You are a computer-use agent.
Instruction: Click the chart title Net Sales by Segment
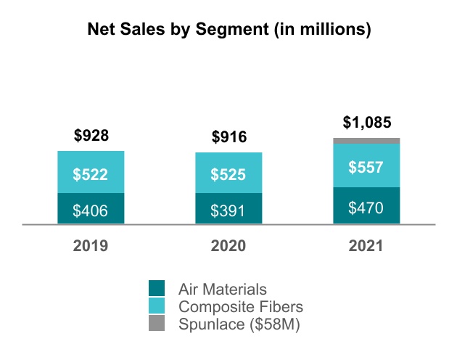(x=228, y=30)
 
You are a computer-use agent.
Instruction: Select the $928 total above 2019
(x=91, y=135)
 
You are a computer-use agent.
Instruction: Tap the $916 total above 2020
(x=228, y=136)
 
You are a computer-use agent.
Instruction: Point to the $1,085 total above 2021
(x=366, y=121)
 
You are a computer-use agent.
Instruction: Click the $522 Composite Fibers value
(x=91, y=174)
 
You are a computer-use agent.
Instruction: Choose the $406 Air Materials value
(x=91, y=210)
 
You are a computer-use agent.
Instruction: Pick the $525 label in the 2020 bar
(x=228, y=174)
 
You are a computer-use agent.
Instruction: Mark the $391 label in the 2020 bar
(x=228, y=210)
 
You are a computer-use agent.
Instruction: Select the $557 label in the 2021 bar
(x=366, y=166)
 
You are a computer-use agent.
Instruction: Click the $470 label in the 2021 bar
(x=366, y=207)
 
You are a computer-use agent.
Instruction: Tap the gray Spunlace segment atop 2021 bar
(x=366, y=141)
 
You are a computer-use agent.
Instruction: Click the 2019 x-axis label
(x=91, y=246)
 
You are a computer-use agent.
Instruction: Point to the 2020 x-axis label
(x=228, y=246)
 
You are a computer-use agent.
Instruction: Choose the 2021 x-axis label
(x=366, y=246)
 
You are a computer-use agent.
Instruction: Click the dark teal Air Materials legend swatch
(x=157, y=289)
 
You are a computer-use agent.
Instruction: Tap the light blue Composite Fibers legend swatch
(x=157, y=306)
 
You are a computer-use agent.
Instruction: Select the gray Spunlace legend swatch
(x=157, y=324)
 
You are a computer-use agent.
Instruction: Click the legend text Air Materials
(x=223, y=289)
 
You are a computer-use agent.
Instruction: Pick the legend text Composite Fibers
(x=240, y=306)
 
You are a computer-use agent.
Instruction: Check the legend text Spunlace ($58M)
(x=239, y=324)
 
